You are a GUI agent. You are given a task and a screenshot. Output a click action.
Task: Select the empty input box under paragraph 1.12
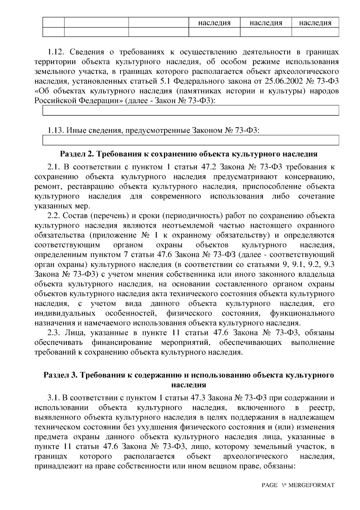191,110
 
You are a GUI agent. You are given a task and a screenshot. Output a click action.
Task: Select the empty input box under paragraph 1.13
191,140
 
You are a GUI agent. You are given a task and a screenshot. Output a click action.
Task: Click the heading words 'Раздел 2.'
77,154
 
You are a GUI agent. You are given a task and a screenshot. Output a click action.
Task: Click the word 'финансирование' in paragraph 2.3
121,343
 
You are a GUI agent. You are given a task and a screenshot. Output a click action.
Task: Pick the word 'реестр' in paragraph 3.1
322,408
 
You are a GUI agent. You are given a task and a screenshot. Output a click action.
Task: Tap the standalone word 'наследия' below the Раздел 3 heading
188,385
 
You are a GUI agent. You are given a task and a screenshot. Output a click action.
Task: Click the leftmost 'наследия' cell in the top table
214,23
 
